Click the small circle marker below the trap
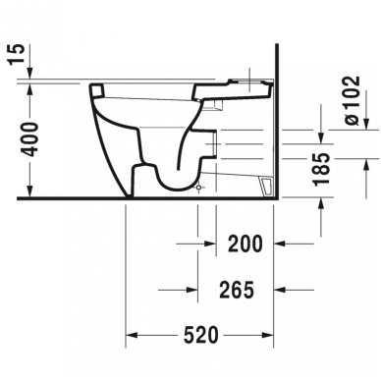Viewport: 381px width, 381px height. click(x=199, y=186)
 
